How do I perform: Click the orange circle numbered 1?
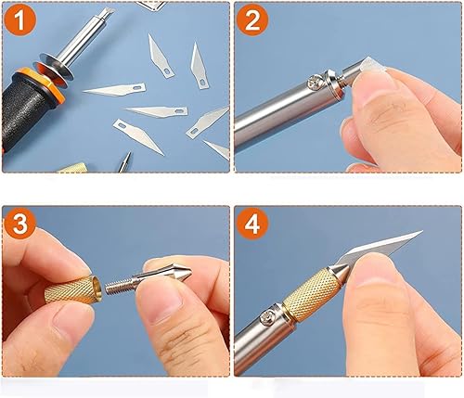coord(19,20)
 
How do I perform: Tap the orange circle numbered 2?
coord(252,20)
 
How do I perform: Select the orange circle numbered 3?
coord(19,224)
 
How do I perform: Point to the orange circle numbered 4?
coord(252,225)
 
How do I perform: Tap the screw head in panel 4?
coord(267,317)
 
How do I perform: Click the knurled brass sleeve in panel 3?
coord(72,290)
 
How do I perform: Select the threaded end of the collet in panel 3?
coord(118,287)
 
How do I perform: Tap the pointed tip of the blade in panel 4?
coord(421,231)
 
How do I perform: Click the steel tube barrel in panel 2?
coord(288,111)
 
